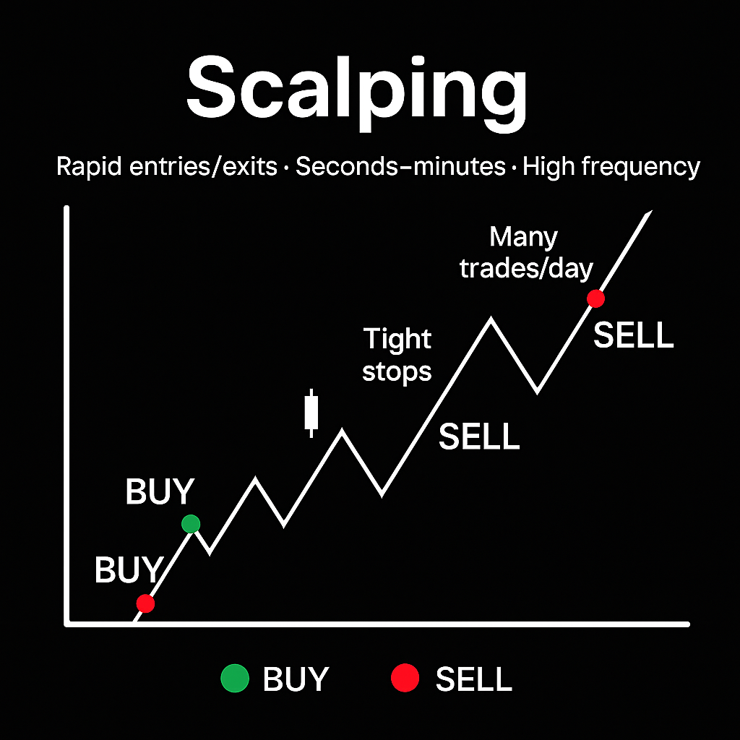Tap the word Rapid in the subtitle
tap(89, 168)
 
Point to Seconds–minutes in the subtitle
tap(400, 166)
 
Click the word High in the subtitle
tap(548, 168)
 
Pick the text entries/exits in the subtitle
tap(203, 166)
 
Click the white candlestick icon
tap(311, 413)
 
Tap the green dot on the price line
tap(191, 523)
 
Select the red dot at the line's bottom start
tap(145, 603)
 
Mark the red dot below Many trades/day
tap(595, 298)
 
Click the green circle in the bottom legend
tap(235, 678)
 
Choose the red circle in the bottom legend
tap(405, 678)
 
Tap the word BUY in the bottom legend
tap(296, 679)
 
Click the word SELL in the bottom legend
tap(474, 679)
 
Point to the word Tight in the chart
tap(397, 340)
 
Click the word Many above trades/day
tap(523, 237)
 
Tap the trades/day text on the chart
tap(526, 269)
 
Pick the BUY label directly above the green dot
tap(160, 491)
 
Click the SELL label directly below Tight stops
tap(479, 436)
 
